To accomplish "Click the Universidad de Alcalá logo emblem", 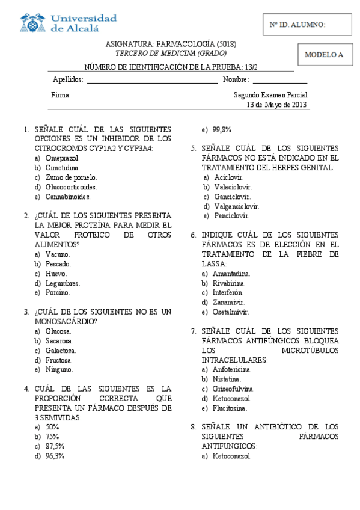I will pos(33,22).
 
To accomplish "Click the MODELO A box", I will pos(323,54).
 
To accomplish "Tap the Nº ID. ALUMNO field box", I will pos(307,25).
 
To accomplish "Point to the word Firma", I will pos(61,95).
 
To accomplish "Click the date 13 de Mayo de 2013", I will pos(277,105).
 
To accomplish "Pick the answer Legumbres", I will pos(63,283).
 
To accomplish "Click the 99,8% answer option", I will pos(222,129).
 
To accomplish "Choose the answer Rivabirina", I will pos(229,283).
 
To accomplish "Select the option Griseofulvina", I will pos(233,389).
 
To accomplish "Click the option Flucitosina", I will pos(229,408).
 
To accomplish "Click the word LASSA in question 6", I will pos(214,264).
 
